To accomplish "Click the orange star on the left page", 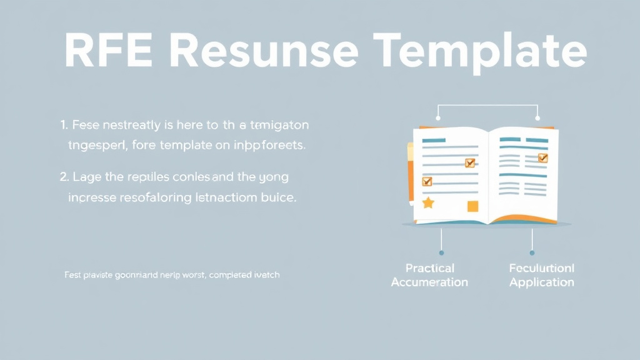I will coord(428,202).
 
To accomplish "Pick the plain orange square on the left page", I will coord(472,206).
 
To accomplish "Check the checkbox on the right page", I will coord(542,158).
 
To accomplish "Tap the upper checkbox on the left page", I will coord(470,163).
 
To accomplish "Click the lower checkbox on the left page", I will coord(427,182).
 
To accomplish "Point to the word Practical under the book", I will coord(429,268).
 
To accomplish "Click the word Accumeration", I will coord(429,282).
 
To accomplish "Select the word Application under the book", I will coord(541,282).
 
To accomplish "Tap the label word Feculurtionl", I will coord(541,268).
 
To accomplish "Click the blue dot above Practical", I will coord(441,253).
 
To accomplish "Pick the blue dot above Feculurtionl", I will coord(532,253).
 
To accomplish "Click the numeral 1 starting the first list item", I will coord(64,125).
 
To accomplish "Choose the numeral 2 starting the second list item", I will coord(64,177).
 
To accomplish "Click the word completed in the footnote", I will coord(232,274).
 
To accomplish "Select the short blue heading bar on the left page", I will coord(434,140).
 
